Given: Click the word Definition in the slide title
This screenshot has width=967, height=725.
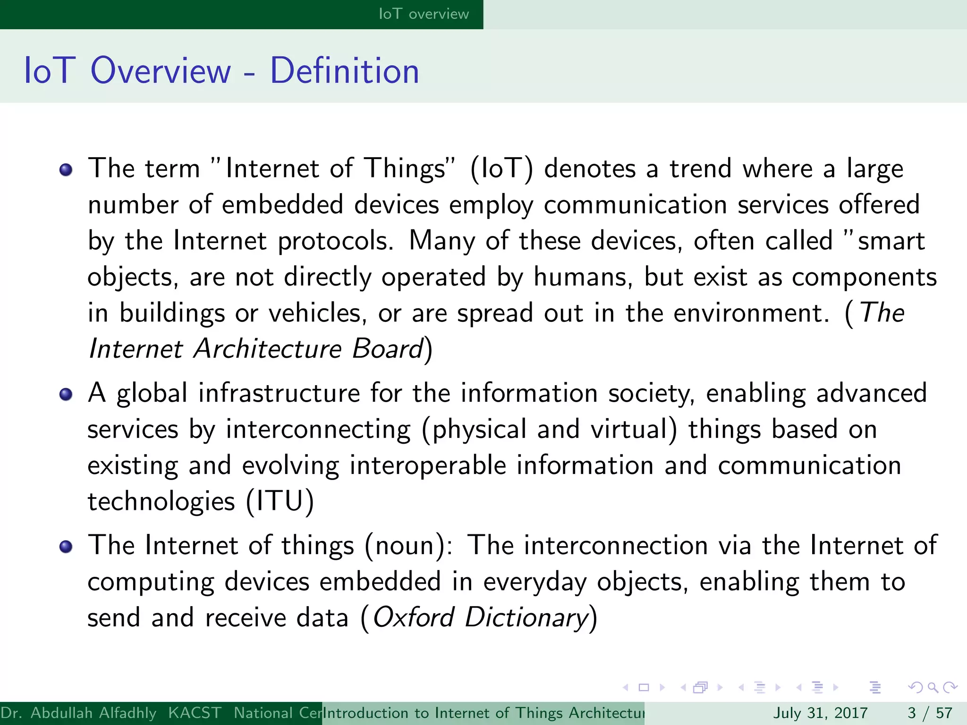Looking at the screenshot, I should (x=344, y=71).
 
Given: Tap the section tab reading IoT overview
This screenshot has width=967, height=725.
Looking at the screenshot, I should (x=424, y=14).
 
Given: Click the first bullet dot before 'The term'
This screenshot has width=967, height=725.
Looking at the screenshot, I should (x=66, y=169).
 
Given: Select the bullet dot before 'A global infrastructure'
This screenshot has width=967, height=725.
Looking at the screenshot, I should (x=66, y=394).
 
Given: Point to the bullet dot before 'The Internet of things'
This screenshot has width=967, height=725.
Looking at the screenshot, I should (x=66, y=547).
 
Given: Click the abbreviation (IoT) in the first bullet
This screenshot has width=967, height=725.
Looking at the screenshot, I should (x=502, y=169).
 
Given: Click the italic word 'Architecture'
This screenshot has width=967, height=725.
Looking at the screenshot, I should (x=268, y=349).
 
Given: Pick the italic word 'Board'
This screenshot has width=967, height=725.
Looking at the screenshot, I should (x=388, y=349).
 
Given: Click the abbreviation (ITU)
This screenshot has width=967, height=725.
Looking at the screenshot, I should (x=280, y=501).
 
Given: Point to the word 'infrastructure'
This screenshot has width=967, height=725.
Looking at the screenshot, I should (x=279, y=393).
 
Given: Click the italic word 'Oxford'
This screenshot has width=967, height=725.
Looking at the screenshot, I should (x=414, y=617).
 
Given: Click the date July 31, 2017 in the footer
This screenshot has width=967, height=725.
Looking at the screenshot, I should (x=820, y=713).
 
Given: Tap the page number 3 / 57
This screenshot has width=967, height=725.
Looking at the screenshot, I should (x=930, y=713).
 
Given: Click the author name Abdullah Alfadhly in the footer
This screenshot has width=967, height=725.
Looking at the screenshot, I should (x=93, y=713).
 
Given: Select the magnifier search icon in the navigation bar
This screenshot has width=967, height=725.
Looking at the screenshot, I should (x=933, y=687).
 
